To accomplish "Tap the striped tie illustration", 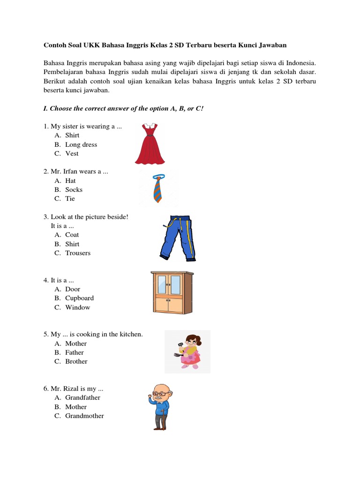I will pyautogui.click(x=158, y=188).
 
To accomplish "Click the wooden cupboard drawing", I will pyautogui.click(x=172, y=292).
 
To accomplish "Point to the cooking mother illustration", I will pyautogui.click(x=187, y=352).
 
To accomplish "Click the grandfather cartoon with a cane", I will pyautogui.click(x=161, y=406).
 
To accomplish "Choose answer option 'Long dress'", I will pyautogui.click(x=81, y=144).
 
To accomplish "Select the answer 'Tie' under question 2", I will pyautogui.click(x=70, y=198).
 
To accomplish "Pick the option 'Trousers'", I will pyautogui.click(x=78, y=253).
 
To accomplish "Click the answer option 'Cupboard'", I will pyautogui.click(x=79, y=298).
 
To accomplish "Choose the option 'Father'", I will pyautogui.click(x=75, y=352).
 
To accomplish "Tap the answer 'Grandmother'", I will pyautogui.click(x=84, y=416).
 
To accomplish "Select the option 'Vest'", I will pyautogui.click(x=72, y=153).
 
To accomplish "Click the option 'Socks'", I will pyautogui.click(x=74, y=189).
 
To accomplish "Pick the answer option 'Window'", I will pyautogui.click(x=78, y=307).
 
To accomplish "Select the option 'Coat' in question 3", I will pyautogui.click(x=72, y=234).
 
